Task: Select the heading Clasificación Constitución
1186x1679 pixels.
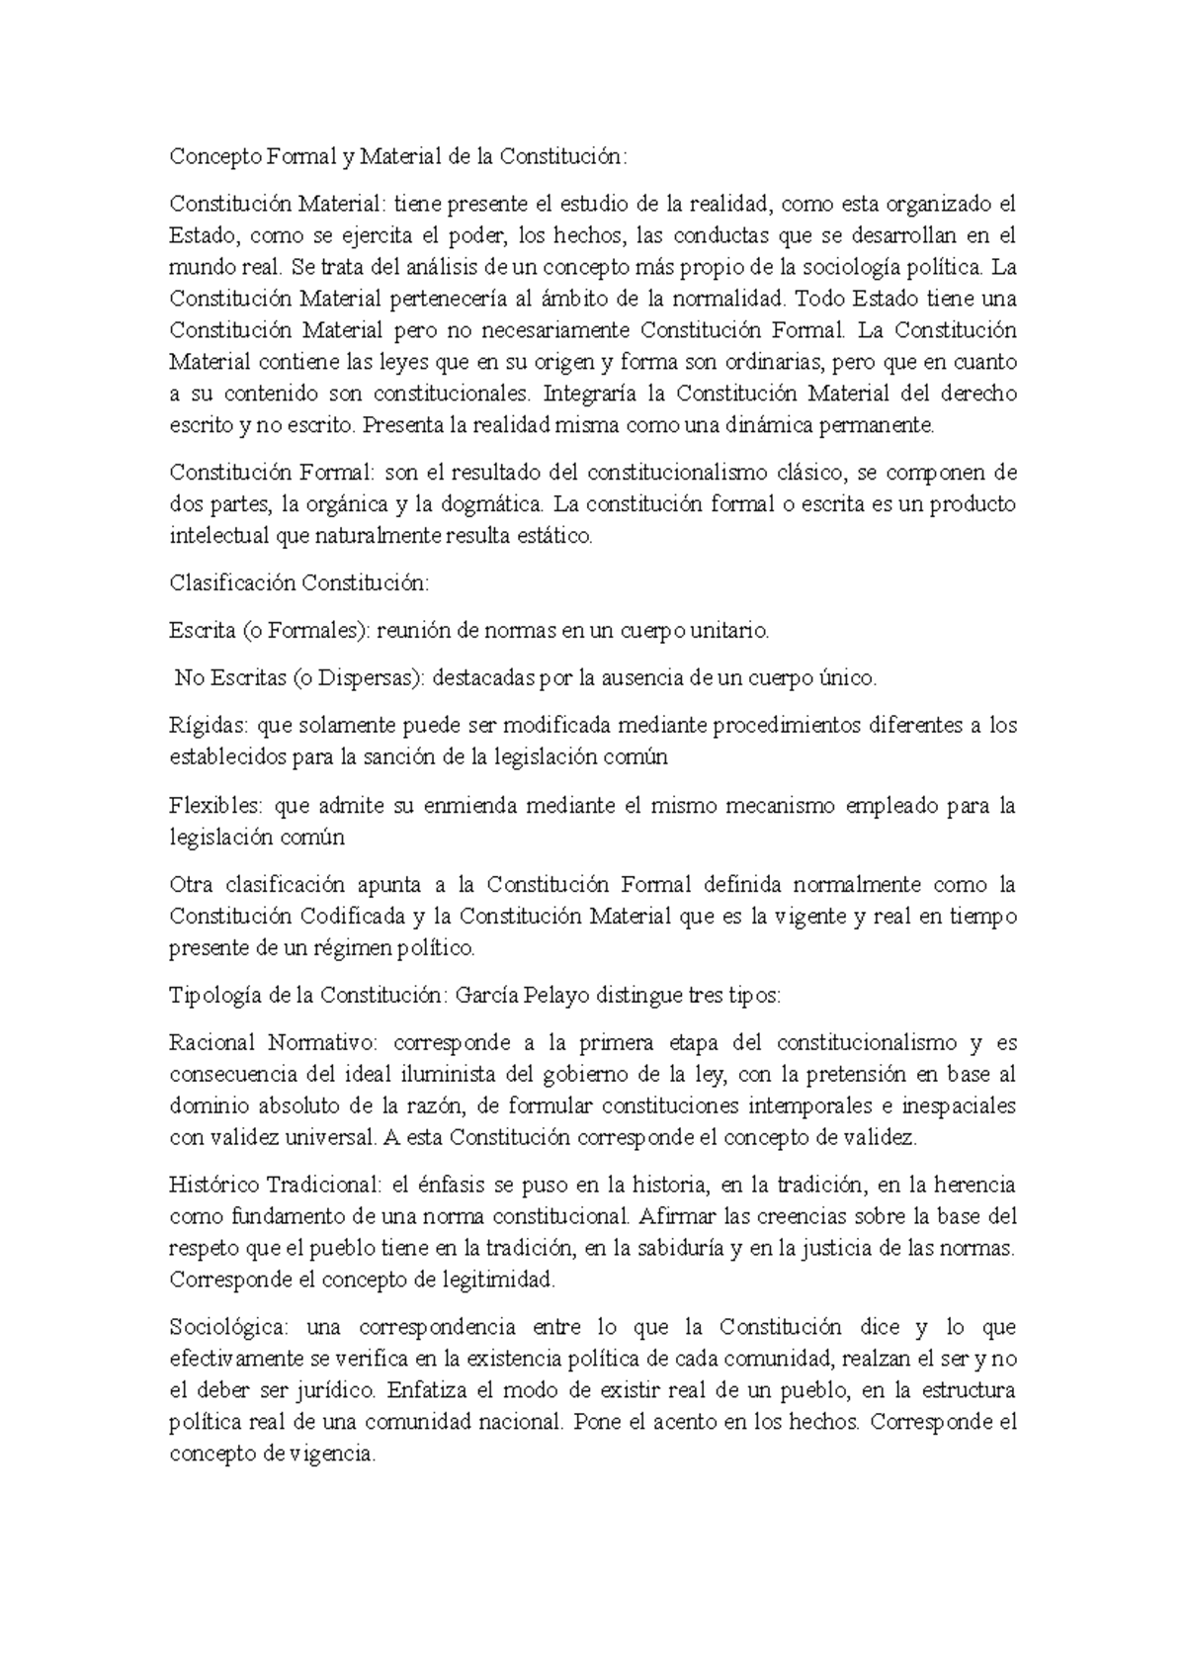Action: (299, 583)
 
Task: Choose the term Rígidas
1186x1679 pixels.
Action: (209, 726)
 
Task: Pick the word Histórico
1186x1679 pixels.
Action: (210, 1185)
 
